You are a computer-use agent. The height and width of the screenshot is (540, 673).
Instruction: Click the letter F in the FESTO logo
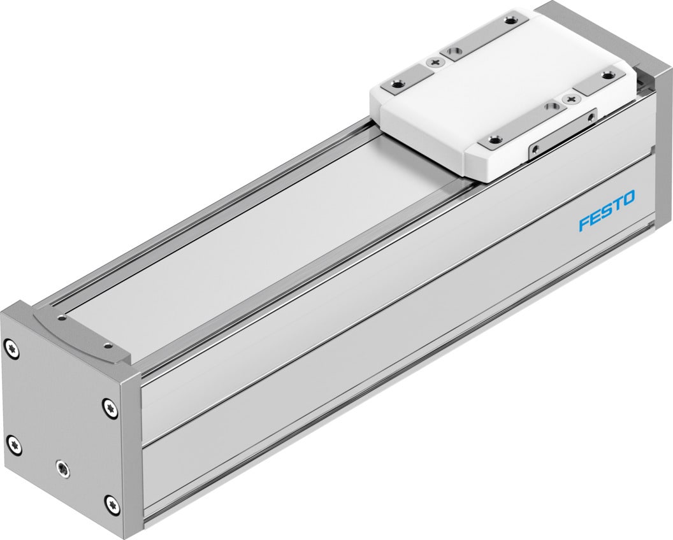584,224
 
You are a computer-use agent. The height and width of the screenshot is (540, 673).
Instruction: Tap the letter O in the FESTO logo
627,199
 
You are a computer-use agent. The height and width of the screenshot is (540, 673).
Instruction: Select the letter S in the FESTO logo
605,211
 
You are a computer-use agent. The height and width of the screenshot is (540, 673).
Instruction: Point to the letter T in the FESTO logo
616,205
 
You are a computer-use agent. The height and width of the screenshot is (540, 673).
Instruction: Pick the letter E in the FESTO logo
595,218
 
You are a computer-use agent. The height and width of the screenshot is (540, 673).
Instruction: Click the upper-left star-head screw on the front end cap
12,348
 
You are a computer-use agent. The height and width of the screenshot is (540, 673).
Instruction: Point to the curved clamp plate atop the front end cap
83,337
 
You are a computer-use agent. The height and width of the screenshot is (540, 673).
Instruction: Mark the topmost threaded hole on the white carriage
509,20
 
